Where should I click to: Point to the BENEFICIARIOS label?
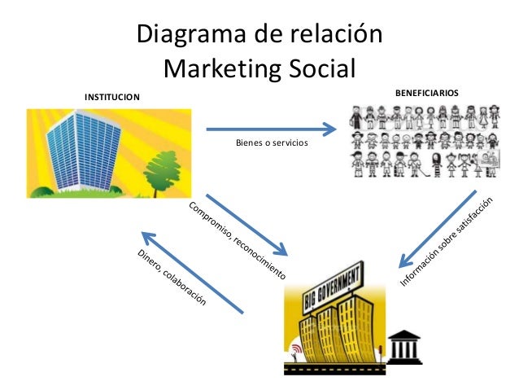point(426,94)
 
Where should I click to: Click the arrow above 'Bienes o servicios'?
point(272,129)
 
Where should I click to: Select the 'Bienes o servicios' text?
point(272,143)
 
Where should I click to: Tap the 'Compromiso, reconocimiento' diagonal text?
point(237,241)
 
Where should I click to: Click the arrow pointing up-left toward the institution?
point(192,273)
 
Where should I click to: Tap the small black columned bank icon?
point(403,346)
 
